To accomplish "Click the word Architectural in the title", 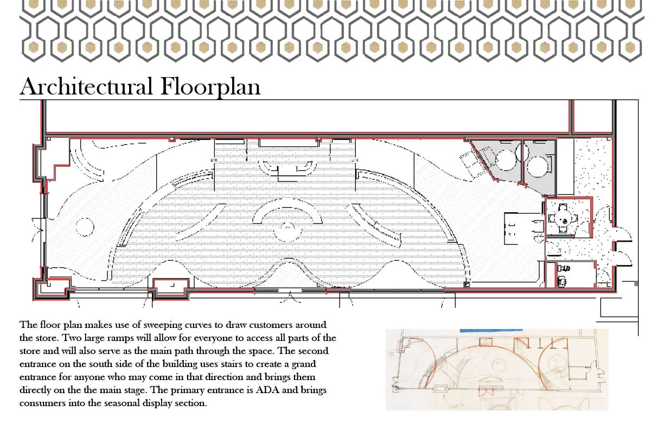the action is tap(86, 87).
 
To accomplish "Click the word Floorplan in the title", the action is tap(210, 87).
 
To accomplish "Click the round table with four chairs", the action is tap(563, 219).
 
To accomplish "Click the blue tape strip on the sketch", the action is tap(491, 330).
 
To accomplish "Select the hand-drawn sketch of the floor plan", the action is tap(497, 369).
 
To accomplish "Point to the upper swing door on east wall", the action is tap(623, 235).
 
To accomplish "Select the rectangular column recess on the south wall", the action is tap(171, 289).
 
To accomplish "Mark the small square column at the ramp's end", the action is tap(467, 285).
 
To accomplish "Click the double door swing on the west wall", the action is tap(38, 230).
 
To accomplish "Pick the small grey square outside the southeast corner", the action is tap(636, 284).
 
